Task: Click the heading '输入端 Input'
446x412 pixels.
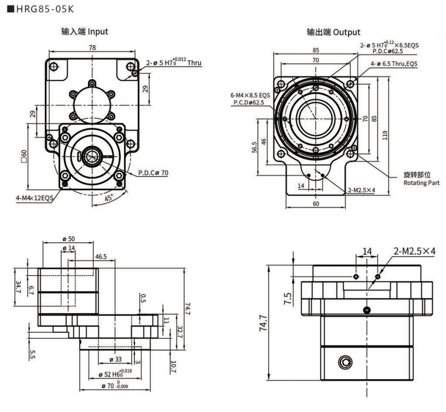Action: click(85, 32)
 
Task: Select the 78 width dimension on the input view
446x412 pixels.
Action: click(92, 47)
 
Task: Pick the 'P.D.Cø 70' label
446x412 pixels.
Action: click(153, 173)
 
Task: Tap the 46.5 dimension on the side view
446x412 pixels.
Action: click(101, 256)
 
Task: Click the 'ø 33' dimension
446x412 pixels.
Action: click(115, 360)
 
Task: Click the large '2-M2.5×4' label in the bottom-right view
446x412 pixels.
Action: click(415, 252)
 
